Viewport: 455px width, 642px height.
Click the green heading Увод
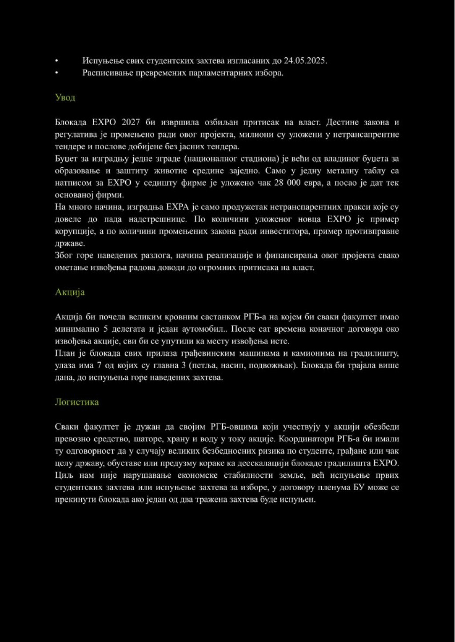coord(65,97)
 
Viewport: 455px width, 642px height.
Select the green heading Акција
coord(70,292)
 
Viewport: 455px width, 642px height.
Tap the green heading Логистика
coord(77,402)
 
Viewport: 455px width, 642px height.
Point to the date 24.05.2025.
coord(305,61)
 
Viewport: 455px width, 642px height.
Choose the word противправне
coord(371,231)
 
